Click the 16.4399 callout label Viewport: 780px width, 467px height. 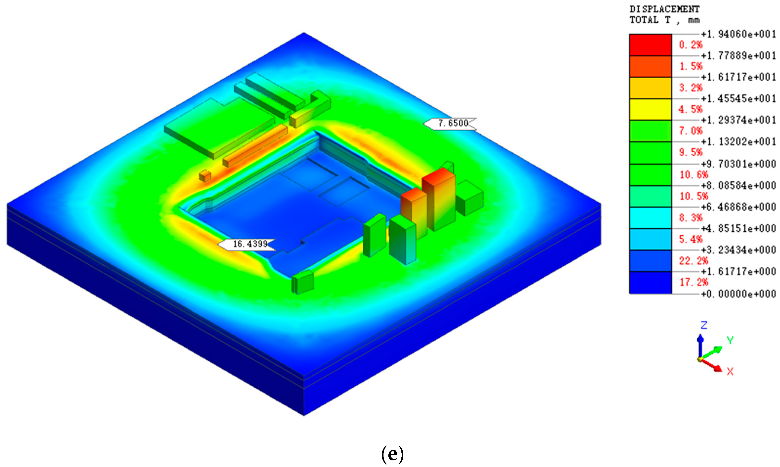point(247,244)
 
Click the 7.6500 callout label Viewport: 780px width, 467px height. point(450,123)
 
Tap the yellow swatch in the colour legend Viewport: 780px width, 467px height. point(650,110)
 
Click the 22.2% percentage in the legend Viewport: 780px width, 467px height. point(694,260)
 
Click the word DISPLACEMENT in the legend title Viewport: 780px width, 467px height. point(665,9)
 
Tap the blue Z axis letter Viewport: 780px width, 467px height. point(704,325)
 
